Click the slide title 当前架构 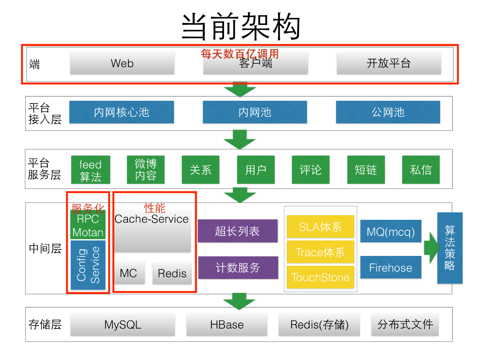240,26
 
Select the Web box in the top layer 122,63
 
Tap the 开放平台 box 389,63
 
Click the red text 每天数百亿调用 240,54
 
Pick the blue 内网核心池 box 121,112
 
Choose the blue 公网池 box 388,112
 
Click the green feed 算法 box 90,170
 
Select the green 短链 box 366,170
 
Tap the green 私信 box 420,170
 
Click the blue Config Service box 88,265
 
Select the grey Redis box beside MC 172,273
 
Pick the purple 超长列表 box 237,231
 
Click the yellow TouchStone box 321,277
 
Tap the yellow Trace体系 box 321,253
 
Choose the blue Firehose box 390,268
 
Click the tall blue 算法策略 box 450,248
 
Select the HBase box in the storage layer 227,325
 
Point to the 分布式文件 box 405,324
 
